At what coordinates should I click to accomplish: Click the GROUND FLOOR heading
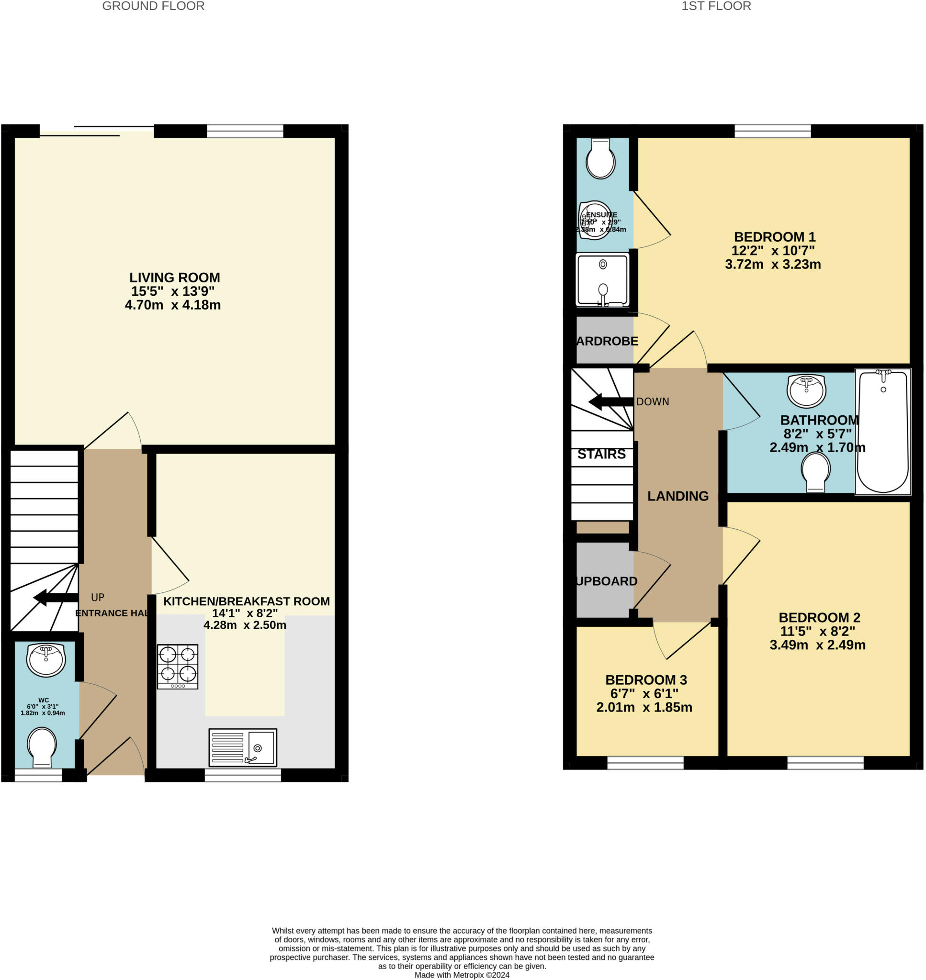153,6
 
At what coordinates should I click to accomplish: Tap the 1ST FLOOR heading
716,6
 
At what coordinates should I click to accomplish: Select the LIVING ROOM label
174,278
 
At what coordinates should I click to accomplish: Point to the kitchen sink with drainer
242,747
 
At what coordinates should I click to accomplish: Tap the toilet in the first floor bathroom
815,471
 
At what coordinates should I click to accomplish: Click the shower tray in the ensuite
602,279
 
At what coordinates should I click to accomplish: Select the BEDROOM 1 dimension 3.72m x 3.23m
772,264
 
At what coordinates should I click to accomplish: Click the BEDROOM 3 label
645,679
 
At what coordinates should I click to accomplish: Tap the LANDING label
678,496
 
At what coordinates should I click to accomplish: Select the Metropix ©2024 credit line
462,975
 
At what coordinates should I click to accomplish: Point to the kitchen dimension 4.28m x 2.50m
245,625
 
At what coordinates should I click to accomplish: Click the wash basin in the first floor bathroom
806,390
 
